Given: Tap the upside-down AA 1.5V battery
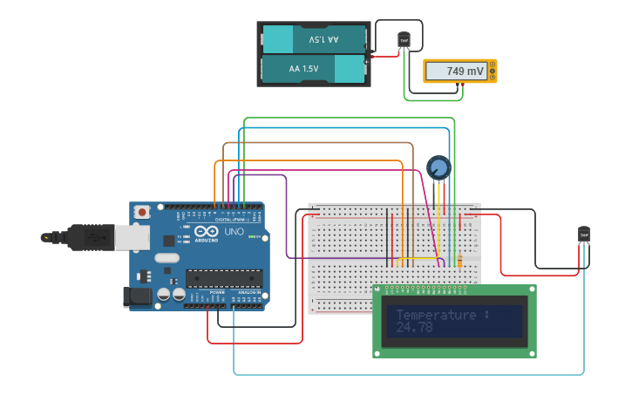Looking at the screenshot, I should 314,40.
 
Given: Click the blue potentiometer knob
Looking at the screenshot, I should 438,167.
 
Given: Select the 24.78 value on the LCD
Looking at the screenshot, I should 414,328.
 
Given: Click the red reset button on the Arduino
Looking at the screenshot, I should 142,212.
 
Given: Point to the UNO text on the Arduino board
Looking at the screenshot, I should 234,232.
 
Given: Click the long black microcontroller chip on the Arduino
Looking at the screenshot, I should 223,279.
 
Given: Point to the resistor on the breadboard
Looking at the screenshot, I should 459,260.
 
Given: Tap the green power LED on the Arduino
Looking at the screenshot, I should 251,236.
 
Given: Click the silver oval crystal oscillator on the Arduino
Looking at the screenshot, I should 166,258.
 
